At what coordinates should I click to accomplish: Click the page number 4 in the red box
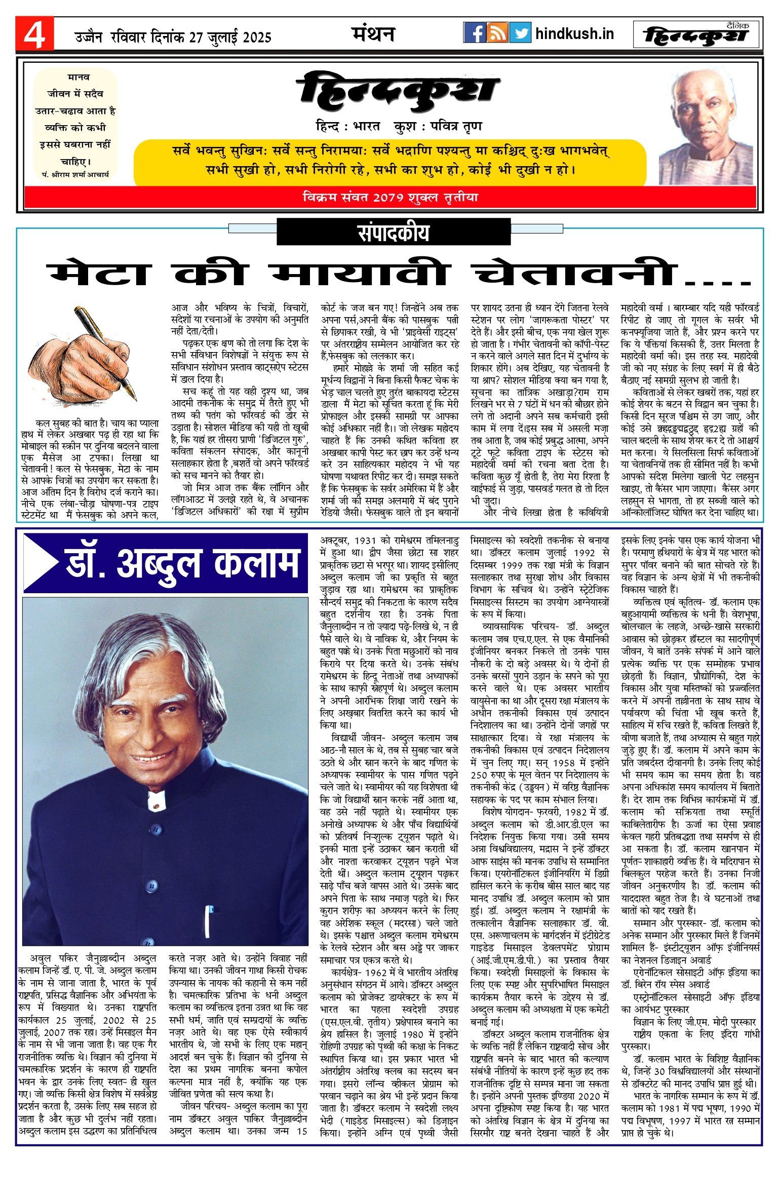34,35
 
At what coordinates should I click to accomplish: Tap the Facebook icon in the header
475,33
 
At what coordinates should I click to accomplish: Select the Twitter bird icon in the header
520,33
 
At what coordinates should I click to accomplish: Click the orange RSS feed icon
497,33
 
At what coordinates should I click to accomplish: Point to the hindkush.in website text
574,34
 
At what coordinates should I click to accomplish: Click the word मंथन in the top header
373,34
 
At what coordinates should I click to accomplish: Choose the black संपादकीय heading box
393,233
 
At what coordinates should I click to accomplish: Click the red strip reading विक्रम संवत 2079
390,198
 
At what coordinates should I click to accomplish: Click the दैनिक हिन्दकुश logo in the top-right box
697,35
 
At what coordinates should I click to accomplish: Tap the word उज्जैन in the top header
88,37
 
